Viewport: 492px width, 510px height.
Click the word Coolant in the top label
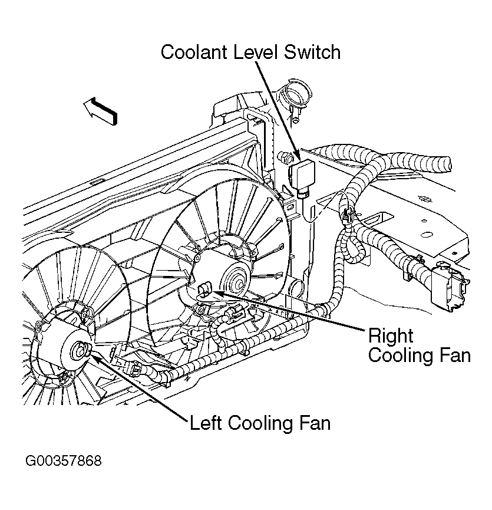[194, 52]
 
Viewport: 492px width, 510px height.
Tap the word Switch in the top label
[312, 52]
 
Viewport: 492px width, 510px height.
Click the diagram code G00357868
[64, 461]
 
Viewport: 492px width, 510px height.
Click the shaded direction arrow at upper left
[100, 111]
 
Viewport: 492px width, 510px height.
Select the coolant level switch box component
[302, 177]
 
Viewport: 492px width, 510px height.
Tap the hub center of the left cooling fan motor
[80, 351]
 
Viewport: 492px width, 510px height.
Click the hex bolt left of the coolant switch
[285, 156]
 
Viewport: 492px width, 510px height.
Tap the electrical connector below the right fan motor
[233, 313]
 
